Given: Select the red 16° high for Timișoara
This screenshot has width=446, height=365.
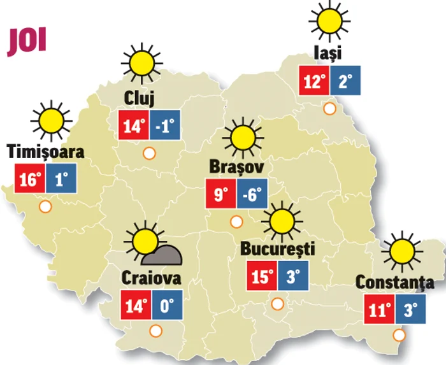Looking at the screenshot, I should click(29, 179).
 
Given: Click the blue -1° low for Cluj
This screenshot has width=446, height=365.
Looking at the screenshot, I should click(165, 125).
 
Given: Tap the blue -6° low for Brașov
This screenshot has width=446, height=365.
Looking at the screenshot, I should click(252, 194).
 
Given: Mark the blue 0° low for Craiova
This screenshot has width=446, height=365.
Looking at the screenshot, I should click(166, 305).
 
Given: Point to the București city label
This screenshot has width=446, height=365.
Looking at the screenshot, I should click(278, 248).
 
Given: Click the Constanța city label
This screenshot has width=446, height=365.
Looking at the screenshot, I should click(394, 282).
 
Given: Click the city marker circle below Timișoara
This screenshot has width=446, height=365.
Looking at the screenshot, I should click(45, 206).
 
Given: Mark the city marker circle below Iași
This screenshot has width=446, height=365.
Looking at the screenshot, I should click(329, 108).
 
